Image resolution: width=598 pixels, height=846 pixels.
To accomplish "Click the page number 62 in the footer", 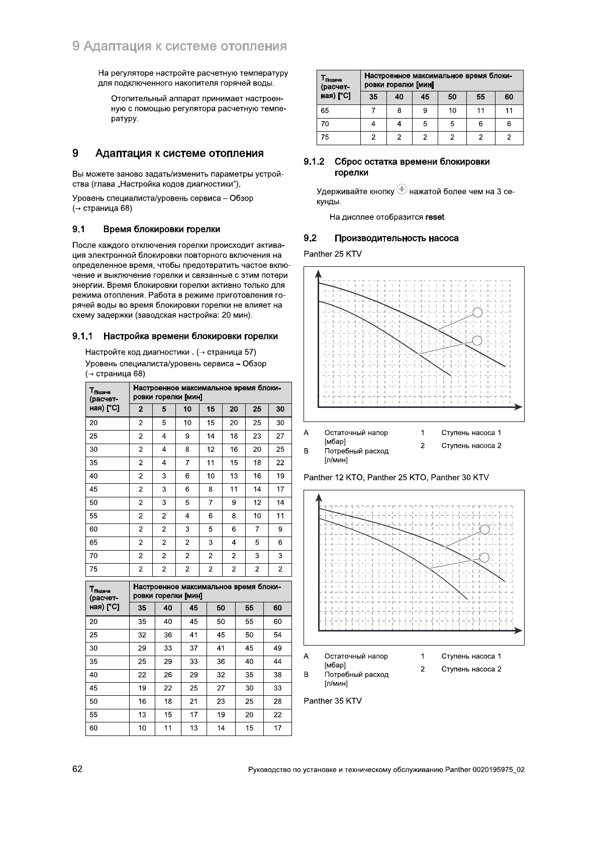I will tap(77, 769).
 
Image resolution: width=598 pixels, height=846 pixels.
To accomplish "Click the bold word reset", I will tap(435, 218).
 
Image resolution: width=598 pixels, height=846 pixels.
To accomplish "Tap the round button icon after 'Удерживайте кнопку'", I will tap(402, 190).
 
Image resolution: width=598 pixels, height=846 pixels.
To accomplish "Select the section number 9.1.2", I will tap(314, 162).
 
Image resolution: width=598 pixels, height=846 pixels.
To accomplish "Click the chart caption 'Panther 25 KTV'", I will tap(332, 254).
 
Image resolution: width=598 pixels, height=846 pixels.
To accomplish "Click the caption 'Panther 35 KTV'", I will tap(332, 701).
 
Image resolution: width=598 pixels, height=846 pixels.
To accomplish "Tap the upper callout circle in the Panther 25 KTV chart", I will tap(478, 312).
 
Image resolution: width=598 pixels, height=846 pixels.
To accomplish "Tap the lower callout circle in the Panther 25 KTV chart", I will tap(478, 341).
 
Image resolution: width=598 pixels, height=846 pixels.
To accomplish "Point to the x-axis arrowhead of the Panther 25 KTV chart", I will tap(519, 406).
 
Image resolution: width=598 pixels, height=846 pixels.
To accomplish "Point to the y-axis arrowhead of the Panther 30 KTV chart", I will tap(318, 497).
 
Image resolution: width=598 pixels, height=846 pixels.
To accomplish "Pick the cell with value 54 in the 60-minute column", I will tap(277, 635).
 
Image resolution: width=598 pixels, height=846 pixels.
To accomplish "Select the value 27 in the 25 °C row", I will tap(280, 436).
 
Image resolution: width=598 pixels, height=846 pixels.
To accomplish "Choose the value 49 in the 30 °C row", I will tap(277, 648).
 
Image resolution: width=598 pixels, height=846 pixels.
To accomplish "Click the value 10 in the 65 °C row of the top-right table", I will tap(452, 111).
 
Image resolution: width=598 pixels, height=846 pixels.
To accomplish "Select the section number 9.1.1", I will tap(83, 336).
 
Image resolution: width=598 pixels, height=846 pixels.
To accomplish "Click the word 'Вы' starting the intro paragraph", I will tap(77, 174).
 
